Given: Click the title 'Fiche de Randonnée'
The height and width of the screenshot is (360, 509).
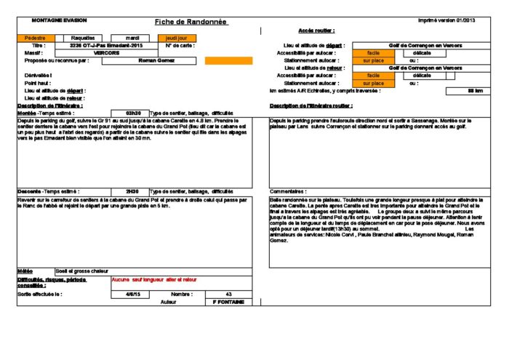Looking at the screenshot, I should point(192,22).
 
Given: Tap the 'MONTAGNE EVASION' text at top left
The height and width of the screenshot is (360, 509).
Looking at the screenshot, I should point(55,20).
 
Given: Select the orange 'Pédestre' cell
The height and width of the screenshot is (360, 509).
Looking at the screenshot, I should point(34,37).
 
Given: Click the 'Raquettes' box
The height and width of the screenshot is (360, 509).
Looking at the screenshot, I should point(84,37).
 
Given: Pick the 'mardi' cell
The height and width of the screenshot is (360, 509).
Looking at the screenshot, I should point(132,37).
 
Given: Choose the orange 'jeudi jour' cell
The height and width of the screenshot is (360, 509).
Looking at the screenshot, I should point(177,37).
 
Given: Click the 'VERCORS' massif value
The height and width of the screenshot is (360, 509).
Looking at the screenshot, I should point(108,53).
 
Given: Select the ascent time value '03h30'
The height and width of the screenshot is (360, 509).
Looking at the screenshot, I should point(133,113).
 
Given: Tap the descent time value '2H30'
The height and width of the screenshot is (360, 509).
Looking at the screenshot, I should point(132,191).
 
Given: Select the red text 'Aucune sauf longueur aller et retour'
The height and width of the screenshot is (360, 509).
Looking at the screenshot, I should point(154,279).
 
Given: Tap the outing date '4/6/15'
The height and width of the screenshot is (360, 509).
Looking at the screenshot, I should point(133,294).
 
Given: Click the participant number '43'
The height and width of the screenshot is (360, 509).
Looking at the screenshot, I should point(228,294).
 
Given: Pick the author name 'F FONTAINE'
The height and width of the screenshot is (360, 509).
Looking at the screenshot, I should point(228,301).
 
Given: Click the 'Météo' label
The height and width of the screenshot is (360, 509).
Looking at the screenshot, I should point(25,271).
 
